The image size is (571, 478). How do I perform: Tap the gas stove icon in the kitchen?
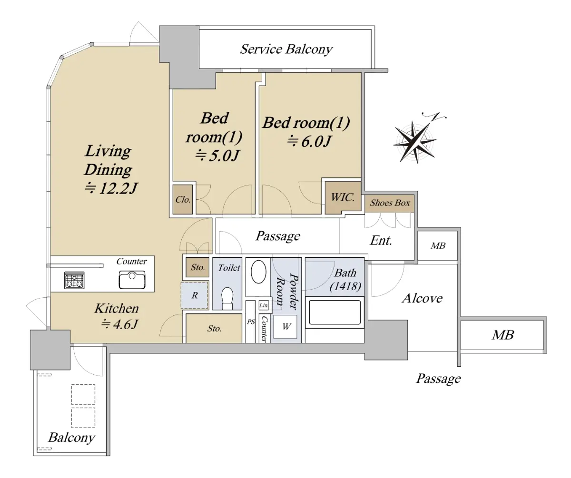[x=74, y=280]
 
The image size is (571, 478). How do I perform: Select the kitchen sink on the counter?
[x=132, y=280]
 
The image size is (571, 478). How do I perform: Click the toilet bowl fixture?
[x=227, y=298]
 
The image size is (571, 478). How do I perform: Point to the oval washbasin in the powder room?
[x=258, y=272]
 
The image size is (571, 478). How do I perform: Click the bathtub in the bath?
[x=335, y=312]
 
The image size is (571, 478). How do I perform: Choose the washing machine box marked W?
[x=285, y=327]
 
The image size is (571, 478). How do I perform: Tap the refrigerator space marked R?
[x=195, y=295]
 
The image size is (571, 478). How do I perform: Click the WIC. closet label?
[x=343, y=197]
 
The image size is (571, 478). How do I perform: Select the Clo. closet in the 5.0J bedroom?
[x=183, y=199]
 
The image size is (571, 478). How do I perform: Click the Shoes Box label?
[x=390, y=203]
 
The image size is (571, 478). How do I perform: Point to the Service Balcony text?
[x=286, y=49]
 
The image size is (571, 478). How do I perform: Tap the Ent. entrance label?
[x=381, y=241]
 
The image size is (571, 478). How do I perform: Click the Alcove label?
[x=422, y=298]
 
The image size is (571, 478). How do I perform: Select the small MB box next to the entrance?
[x=438, y=246]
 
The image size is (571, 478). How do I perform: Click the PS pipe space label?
[x=251, y=322]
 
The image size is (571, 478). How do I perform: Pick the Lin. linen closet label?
[x=264, y=305]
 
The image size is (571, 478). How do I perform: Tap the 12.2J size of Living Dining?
[x=111, y=188]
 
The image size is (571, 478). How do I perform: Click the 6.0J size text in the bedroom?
[x=309, y=141]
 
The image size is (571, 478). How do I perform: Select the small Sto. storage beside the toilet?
[x=197, y=267]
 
